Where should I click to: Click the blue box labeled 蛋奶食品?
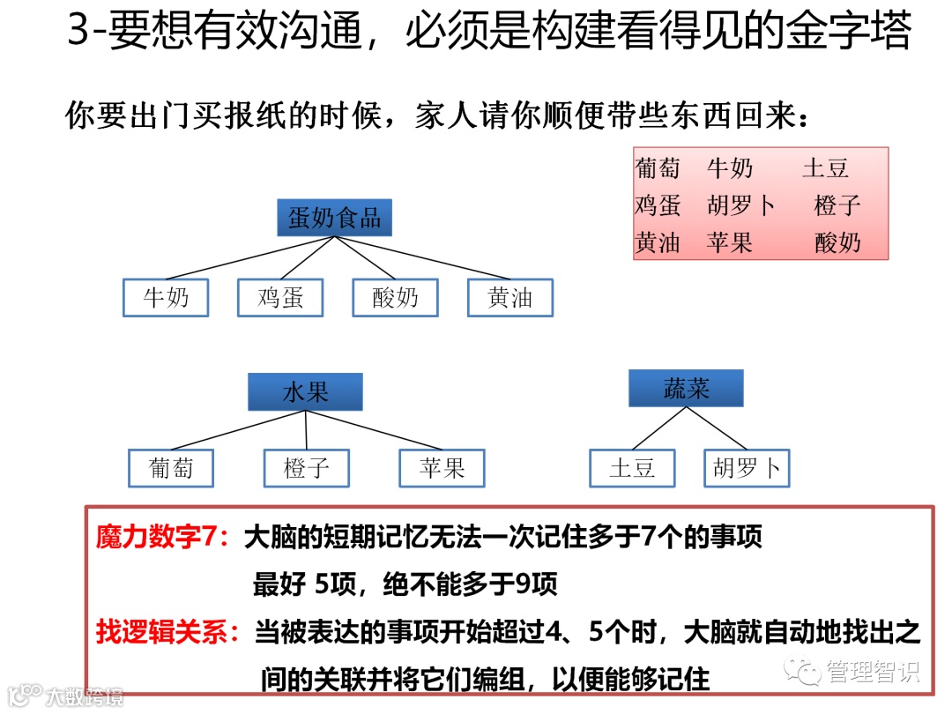click(334, 218)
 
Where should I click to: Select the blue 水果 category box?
click(305, 391)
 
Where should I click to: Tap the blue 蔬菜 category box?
click(686, 388)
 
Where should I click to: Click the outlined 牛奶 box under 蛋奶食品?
click(167, 298)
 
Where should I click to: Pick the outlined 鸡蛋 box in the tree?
click(280, 298)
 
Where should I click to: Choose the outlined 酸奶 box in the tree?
click(396, 298)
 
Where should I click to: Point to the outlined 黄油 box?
click(510, 298)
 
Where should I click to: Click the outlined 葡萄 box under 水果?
click(171, 468)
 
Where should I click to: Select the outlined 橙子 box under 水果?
click(307, 468)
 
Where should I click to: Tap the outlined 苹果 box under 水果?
click(443, 468)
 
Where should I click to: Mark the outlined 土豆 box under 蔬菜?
click(632, 468)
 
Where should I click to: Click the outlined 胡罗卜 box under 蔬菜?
click(747, 468)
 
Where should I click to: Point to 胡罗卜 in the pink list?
click(741, 205)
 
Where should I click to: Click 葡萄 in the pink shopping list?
click(658, 167)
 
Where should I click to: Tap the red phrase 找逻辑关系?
click(165, 632)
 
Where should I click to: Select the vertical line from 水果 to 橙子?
click(306, 430)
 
